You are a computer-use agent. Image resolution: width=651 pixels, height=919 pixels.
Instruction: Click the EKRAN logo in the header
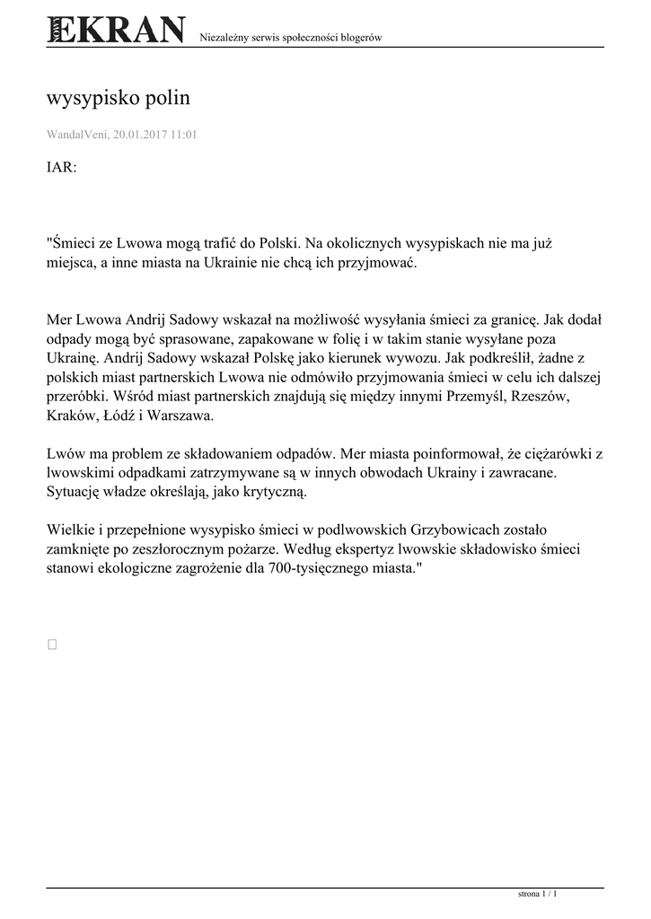click(116, 31)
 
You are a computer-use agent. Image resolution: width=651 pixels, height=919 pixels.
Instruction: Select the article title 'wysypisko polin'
click(118, 98)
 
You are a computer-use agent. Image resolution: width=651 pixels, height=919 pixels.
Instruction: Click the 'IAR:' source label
click(62, 168)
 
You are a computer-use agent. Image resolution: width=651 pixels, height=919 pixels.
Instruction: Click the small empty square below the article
click(52, 643)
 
